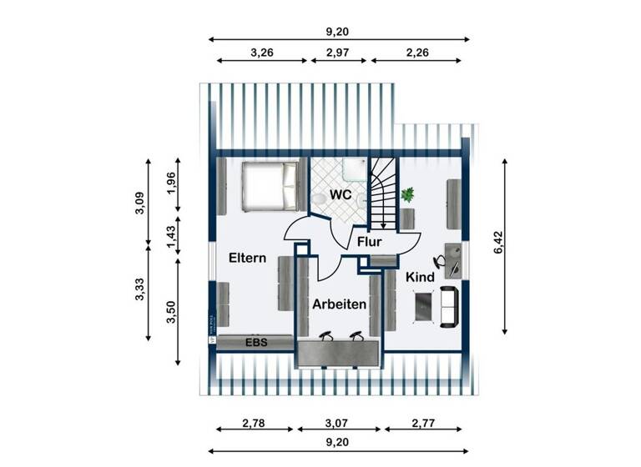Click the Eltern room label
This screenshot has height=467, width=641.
tap(247, 258)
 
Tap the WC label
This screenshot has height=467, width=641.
tap(340, 194)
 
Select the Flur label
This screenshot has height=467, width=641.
tap(369, 242)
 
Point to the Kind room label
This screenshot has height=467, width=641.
tap(420, 276)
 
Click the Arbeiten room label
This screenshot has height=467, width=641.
tap(340, 304)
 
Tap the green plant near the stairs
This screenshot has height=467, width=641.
tap(407, 195)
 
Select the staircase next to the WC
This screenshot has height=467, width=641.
tap(383, 193)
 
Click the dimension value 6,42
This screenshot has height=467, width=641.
tap(498, 244)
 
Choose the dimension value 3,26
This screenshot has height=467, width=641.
tap(262, 53)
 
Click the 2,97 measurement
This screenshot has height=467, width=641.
tap(340, 53)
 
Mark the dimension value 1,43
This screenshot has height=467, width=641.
tap(171, 239)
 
